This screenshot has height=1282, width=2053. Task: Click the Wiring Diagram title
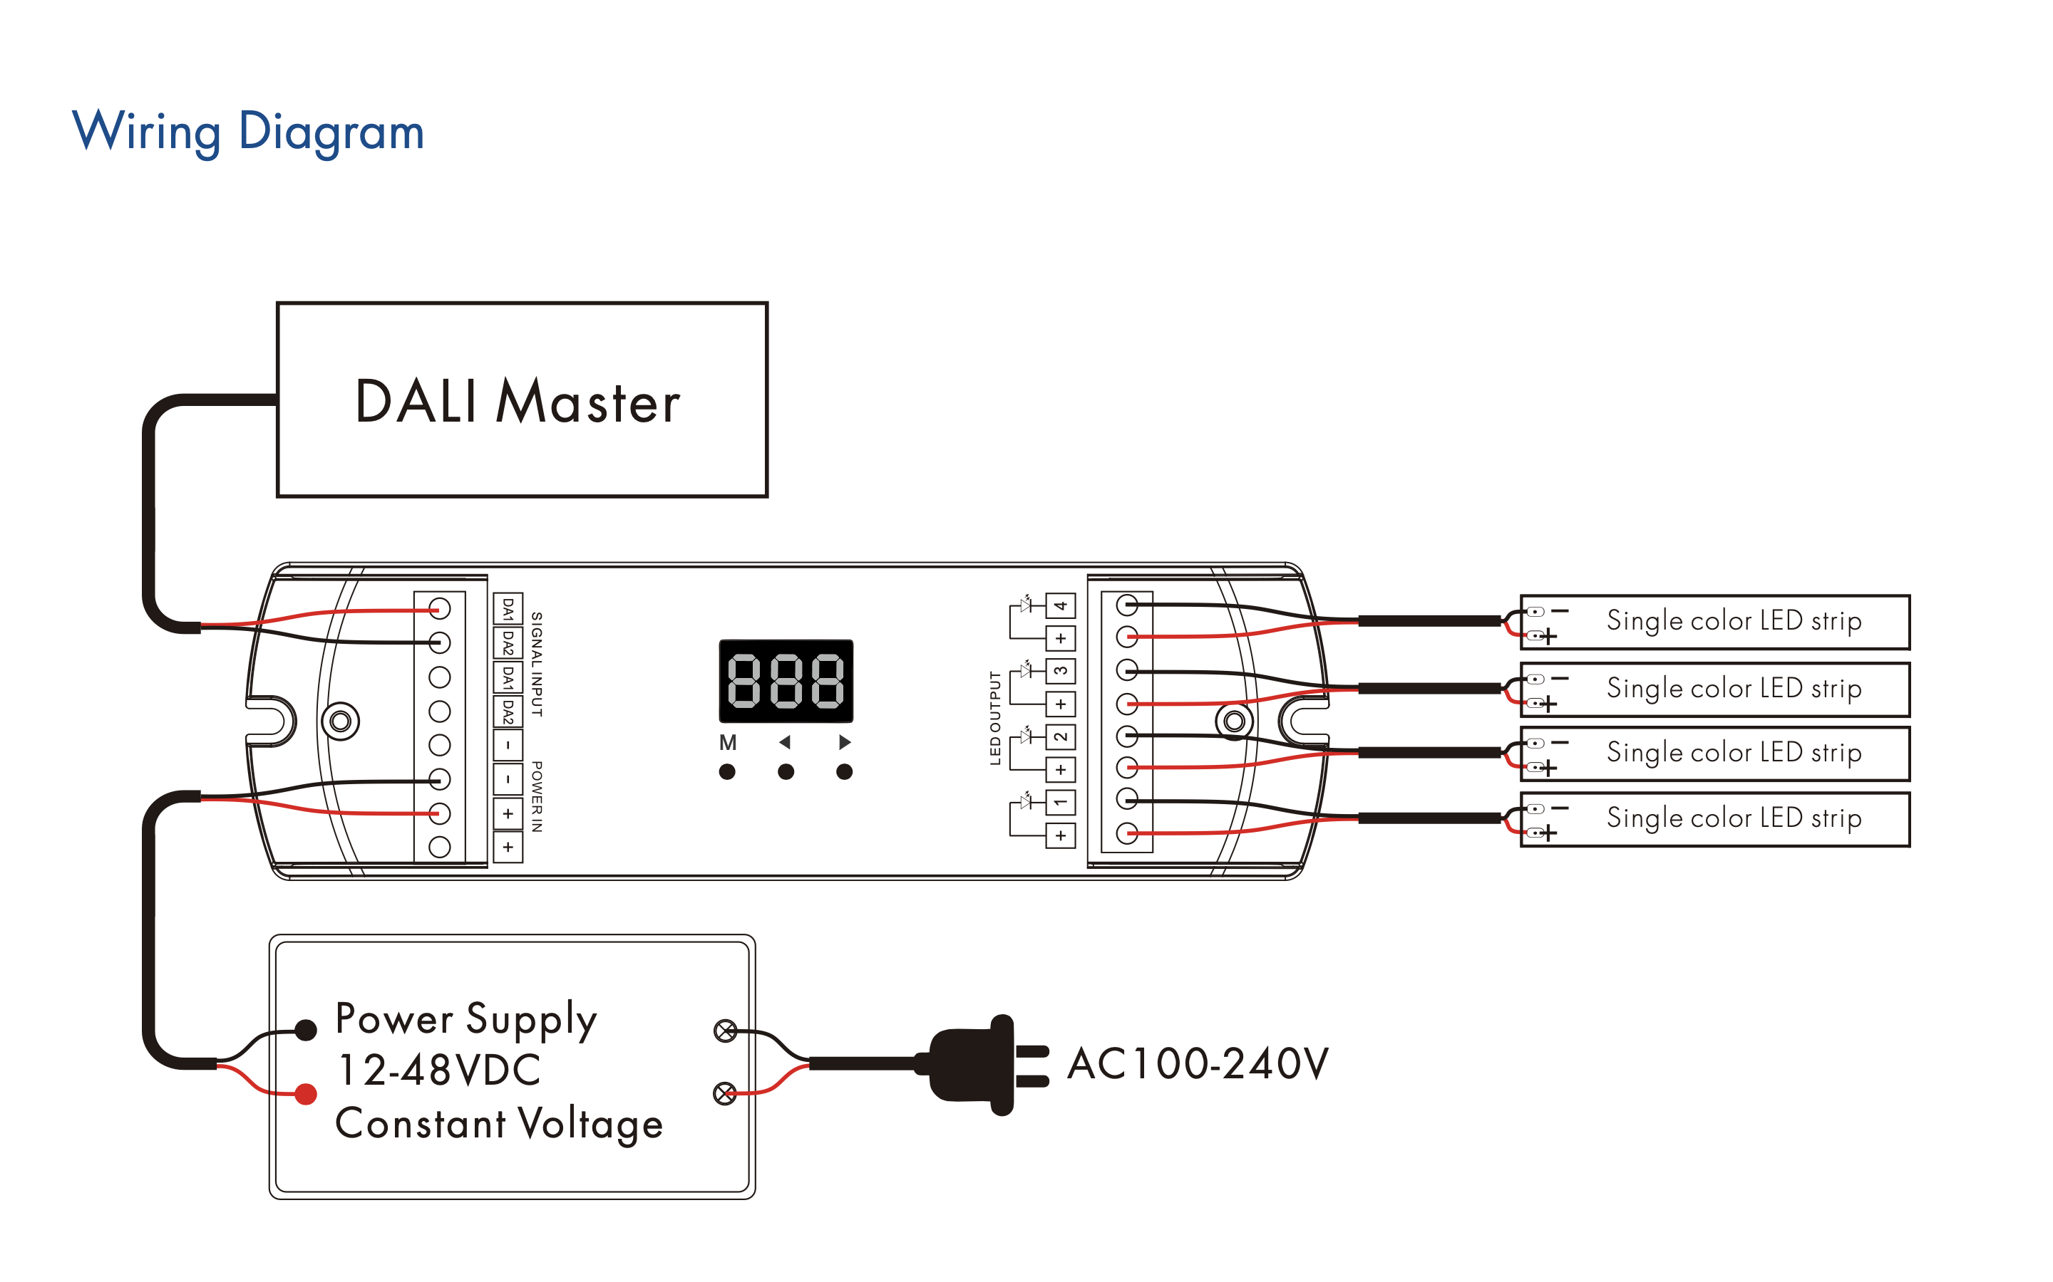coord(248,132)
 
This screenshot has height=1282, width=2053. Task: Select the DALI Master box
coord(522,400)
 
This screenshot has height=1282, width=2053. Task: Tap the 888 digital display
coord(786,681)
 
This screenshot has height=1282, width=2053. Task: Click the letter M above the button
coord(727,743)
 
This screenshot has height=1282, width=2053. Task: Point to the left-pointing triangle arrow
coord(785,742)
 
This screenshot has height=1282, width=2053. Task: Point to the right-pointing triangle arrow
coord(844,742)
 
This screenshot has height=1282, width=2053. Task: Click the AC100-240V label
coord(1197,1063)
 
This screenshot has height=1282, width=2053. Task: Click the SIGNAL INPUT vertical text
coord(537,664)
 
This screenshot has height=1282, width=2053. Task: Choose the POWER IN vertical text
coord(537,796)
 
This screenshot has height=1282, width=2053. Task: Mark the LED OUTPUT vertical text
coord(996,718)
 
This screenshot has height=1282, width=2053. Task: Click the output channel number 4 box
coord(1061,605)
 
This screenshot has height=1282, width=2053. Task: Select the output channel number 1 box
coord(1061,802)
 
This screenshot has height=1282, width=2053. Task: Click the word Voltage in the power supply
coord(590,1125)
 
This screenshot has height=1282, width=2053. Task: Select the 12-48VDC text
coord(439,1070)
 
